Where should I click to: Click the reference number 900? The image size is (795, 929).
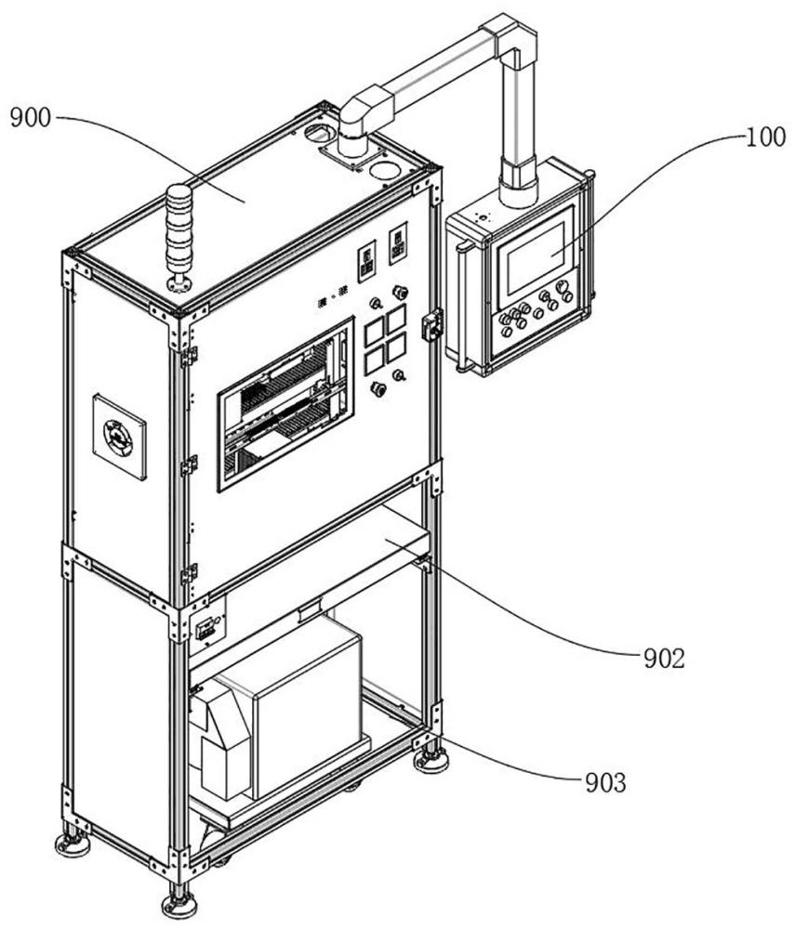point(31,118)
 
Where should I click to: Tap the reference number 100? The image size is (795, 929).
point(765,137)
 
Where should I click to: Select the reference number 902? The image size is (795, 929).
point(664,659)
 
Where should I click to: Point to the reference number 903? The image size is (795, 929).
point(605,782)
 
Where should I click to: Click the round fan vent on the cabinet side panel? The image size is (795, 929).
point(119,438)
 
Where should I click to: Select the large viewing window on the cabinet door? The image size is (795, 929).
point(285,403)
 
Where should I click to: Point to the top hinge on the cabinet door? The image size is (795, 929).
point(189,356)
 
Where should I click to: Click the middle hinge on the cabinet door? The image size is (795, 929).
point(189,465)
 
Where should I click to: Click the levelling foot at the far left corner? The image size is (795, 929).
point(73,844)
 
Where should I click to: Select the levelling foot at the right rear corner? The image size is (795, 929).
point(431,760)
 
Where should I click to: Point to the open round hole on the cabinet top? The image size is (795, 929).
point(385,171)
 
